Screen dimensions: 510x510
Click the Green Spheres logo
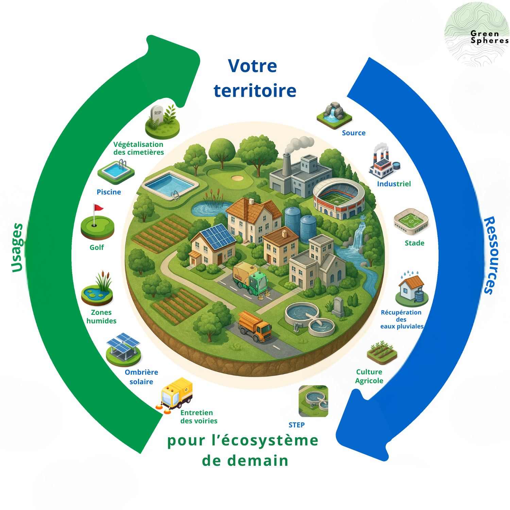[477, 34]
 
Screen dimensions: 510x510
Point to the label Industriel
[394, 184]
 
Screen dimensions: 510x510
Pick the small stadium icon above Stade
[411, 221]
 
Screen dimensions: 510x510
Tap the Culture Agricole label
[369, 376]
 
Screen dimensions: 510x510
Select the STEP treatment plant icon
[313, 401]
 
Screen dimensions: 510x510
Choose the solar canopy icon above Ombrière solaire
[123, 348]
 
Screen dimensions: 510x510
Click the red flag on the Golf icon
[98, 207]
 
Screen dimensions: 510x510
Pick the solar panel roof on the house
[218, 236]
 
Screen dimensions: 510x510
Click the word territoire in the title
[255, 91]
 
